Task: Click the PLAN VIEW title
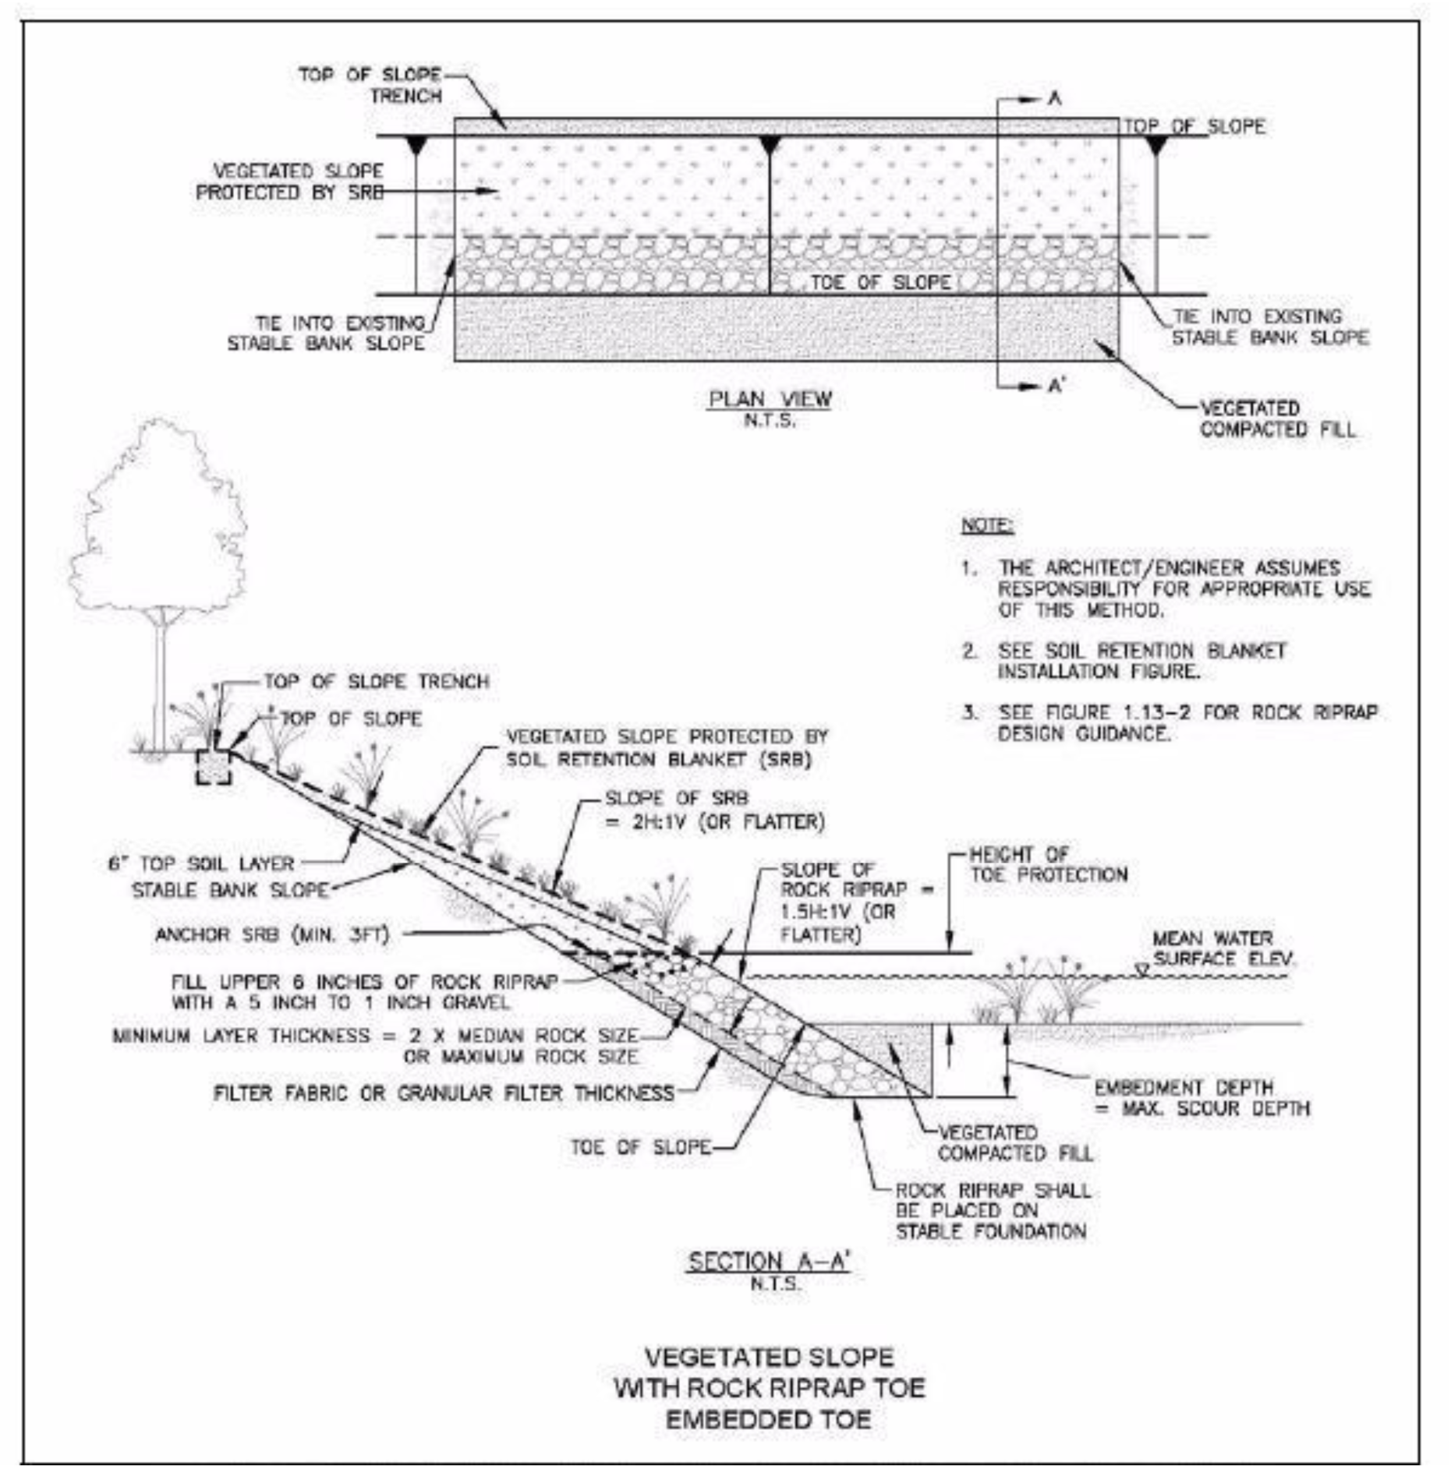(x=769, y=399)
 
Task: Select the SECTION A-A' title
(x=769, y=1261)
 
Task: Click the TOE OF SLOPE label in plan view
(x=880, y=282)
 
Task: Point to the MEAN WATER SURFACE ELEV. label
(x=1221, y=948)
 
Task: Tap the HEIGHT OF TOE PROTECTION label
(x=1048, y=864)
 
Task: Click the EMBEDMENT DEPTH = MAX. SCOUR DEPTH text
(x=1201, y=1097)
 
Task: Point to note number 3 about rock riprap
(x=1185, y=722)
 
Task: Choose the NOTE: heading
(x=987, y=525)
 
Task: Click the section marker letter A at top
(x=1054, y=98)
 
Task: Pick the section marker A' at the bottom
(x=1056, y=386)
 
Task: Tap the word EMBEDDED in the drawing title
(x=717, y=1420)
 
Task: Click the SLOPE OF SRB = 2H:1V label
(x=714, y=810)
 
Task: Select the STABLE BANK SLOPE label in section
(x=230, y=890)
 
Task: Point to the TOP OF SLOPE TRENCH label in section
(x=377, y=681)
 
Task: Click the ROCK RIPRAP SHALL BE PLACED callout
(x=992, y=1211)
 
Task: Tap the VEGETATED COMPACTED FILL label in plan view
(x=1277, y=418)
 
